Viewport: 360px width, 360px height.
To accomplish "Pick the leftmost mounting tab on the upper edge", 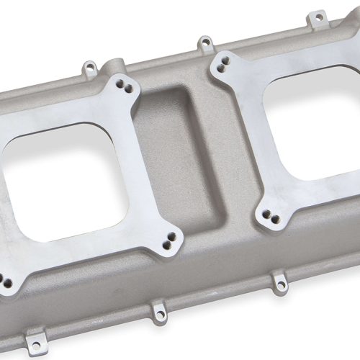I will [89, 69].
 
